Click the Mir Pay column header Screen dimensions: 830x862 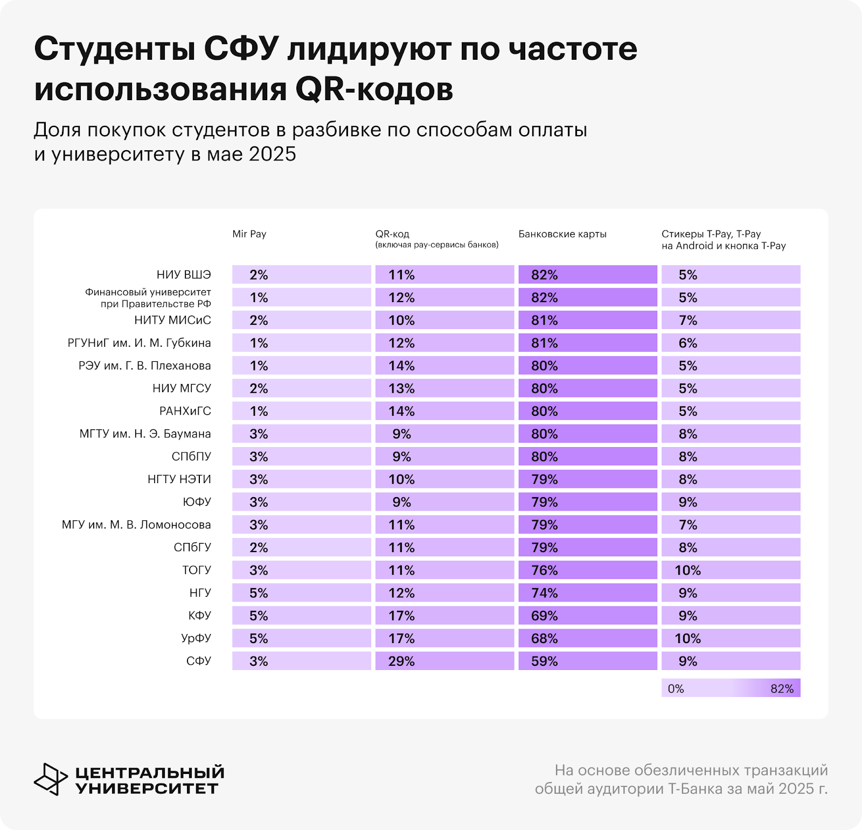click(x=249, y=234)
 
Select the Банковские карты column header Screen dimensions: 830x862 click(x=562, y=234)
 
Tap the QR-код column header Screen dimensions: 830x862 click(x=393, y=234)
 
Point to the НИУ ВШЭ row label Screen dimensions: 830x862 click(x=184, y=275)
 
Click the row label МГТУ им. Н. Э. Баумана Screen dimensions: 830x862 click(x=145, y=434)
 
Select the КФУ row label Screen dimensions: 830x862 click(x=200, y=616)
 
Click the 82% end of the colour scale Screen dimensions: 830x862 click(x=782, y=688)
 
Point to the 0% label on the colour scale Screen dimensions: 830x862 click(x=676, y=688)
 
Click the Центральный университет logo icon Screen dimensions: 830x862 click(x=51, y=779)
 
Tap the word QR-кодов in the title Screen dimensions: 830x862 click(x=374, y=89)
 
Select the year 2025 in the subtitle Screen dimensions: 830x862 click(x=272, y=154)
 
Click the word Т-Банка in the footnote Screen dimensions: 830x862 click(x=696, y=789)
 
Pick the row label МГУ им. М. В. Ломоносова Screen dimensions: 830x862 click(x=136, y=525)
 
